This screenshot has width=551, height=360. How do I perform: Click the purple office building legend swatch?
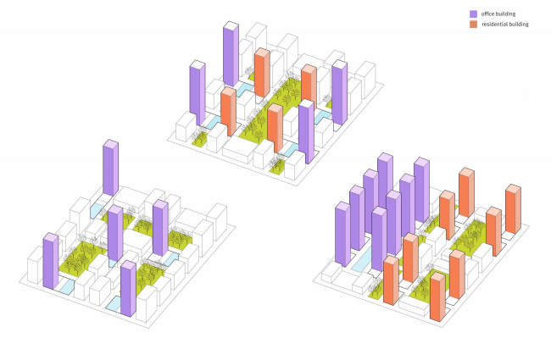click(x=475, y=14)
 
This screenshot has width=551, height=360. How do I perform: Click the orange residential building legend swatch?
click(x=475, y=25)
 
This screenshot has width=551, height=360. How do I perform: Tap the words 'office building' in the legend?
click(x=499, y=14)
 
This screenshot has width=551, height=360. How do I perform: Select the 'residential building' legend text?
click(x=505, y=25)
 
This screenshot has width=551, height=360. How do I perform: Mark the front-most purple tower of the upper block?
click(x=306, y=131)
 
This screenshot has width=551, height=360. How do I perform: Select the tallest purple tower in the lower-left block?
click(x=110, y=169)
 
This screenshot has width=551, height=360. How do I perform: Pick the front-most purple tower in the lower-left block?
click(x=128, y=288)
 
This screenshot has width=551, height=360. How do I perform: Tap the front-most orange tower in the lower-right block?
click(x=437, y=296)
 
